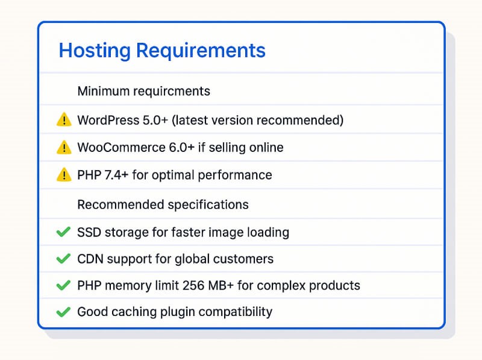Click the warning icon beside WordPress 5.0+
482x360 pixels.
(63, 120)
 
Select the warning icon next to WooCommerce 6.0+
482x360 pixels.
(63, 147)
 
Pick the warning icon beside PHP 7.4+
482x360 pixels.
(63, 175)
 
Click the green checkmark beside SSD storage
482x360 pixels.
(63, 232)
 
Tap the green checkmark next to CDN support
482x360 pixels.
(63, 259)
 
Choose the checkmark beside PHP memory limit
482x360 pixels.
(63, 285)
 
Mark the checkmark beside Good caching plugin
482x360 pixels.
(63, 312)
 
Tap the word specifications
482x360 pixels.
(208, 204)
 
